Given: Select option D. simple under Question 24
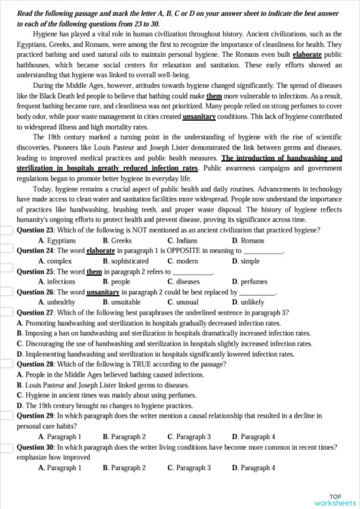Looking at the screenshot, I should click(x=246, y=261).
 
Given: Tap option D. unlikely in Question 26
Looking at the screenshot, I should click(x=248, y=303).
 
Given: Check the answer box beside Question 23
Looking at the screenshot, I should click(x=7, y=230).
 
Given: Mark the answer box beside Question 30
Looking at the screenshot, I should click(x=7, y=447).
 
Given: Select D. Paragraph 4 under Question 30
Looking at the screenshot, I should click(x=253, y=468).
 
